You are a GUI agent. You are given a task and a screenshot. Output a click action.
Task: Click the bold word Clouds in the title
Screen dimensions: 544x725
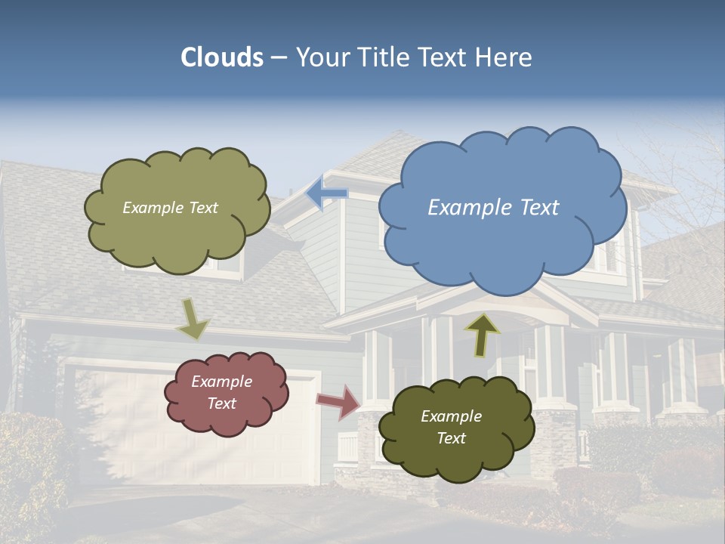pos(221,57)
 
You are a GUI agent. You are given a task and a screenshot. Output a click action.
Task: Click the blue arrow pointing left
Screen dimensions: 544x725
pos(326,193)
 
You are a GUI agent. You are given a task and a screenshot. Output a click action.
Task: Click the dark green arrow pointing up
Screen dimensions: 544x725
pos(482,334)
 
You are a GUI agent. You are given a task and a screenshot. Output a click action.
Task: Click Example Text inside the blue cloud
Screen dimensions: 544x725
pos(493,208)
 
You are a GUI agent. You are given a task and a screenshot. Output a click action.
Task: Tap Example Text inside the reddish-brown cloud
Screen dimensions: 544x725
pos(222,393)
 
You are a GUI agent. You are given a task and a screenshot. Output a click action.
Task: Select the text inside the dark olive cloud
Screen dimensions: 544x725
pos(451,427)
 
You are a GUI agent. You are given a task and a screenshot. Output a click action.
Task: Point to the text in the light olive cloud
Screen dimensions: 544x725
pos(170,208)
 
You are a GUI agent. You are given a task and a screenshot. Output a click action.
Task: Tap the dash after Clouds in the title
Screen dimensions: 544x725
pos(279,57)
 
